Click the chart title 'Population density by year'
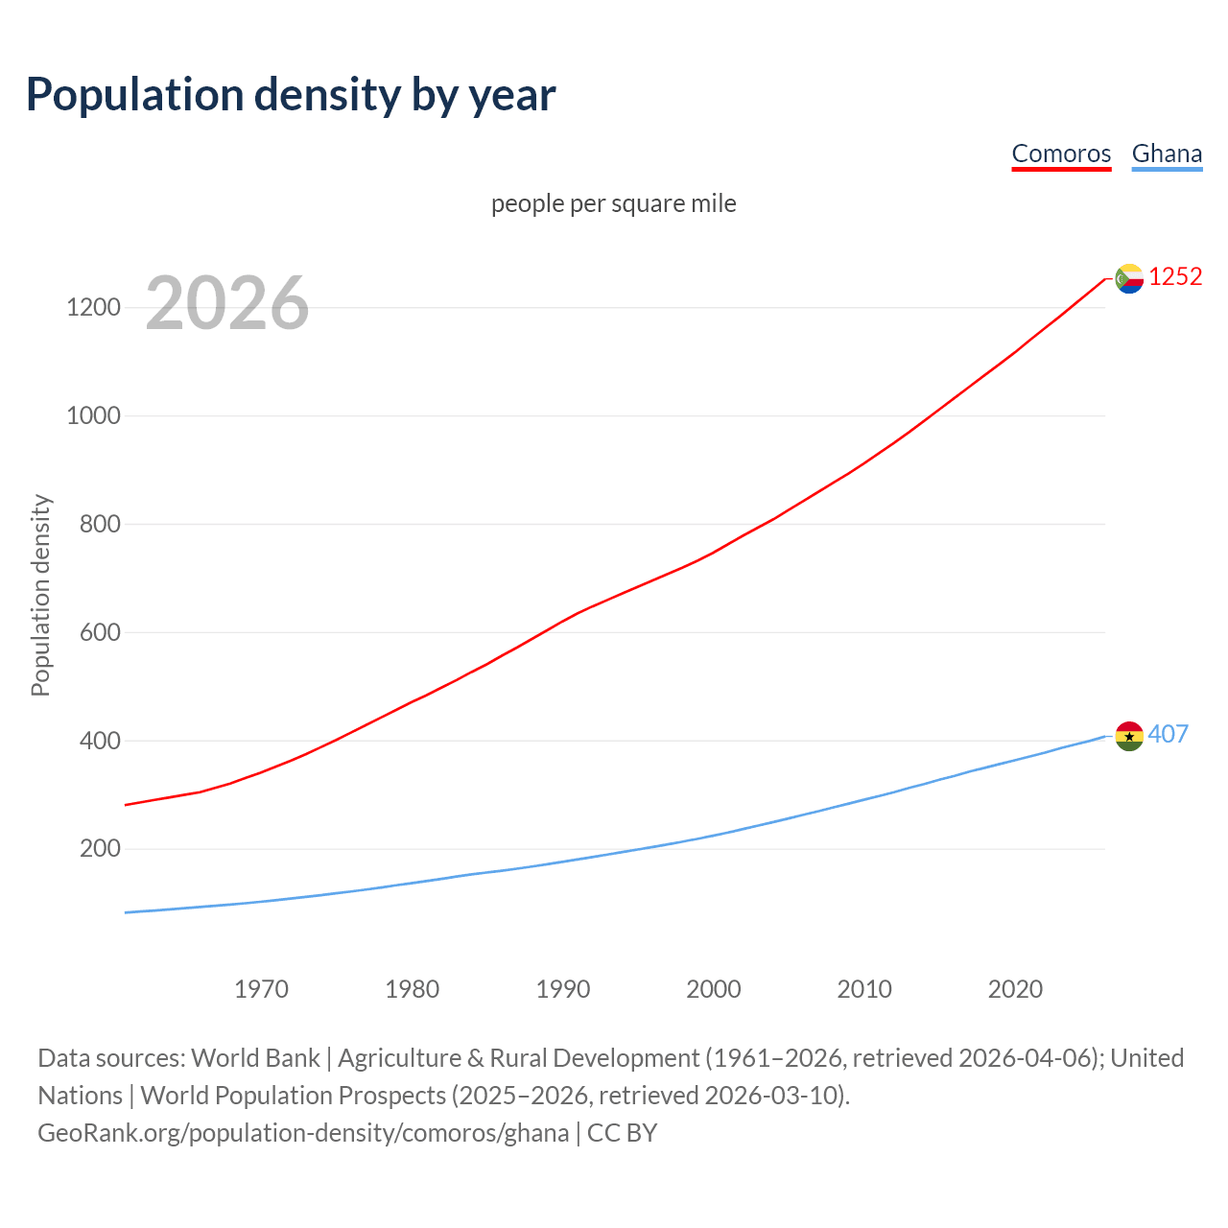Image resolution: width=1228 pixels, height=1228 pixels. pyautogui.click(x=291, y=94)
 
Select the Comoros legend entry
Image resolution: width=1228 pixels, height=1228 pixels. pyautogui.click(x=1061, y=153)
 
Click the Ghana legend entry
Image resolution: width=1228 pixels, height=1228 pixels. pyautogui.click(x=1167, y=153)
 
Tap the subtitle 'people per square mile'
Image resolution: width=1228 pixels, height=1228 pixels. pyautogui.click(x=613, y=203)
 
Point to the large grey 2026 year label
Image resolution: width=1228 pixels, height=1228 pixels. pyautogui.click(x=227, y=303)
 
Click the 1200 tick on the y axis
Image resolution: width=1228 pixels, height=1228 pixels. pyautogui.click(x=93, y=308)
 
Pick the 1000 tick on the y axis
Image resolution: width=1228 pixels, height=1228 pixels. pyautogui.click(x=93, y=416)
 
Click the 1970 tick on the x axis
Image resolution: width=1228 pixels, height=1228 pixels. pyautogui.click(x=261, y=989)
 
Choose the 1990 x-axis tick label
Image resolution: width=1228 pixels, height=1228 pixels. pyautogui.click(x=563, y=989)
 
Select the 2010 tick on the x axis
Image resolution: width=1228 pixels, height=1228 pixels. pyautogui.click(x=864, y=989)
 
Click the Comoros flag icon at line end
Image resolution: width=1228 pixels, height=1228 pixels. pyautogui.click(x=1129, y=278)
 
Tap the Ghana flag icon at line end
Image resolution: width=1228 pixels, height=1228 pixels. pyautogui.click(x=1129, y=736)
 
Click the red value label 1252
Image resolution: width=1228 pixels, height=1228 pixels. pyautogui.click(x=1175, y=277)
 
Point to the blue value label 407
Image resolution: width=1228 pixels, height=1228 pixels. pyautogui.click(x=1168, y=734)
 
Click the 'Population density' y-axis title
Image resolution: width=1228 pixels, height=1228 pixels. pyautogui.click(x=40, y=595)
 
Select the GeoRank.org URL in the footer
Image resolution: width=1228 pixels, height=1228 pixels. pyautogui.click(x=303, y=1133)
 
